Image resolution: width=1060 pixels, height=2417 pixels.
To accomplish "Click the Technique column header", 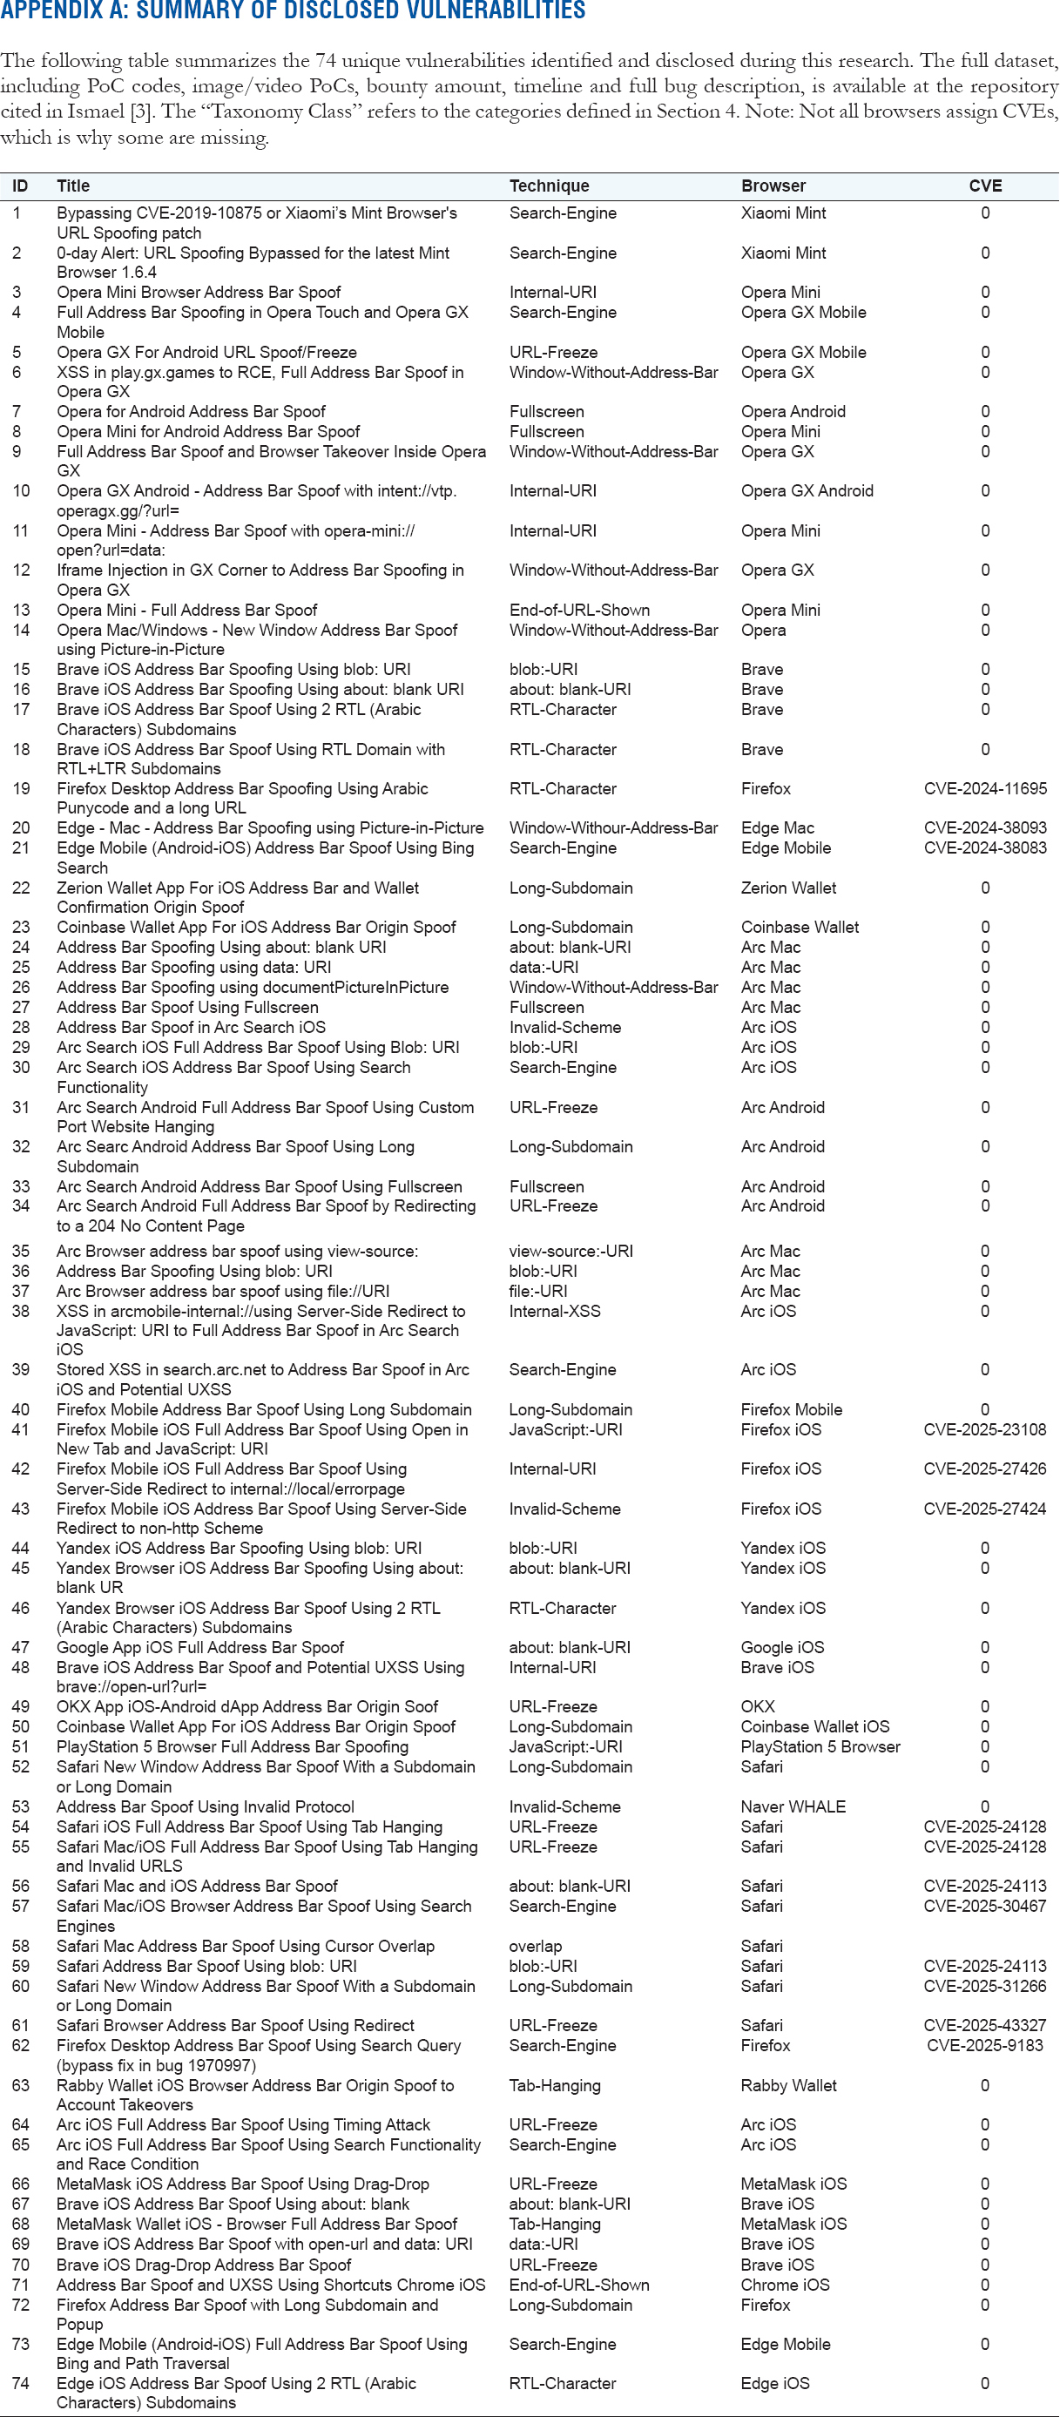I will pos(549,186).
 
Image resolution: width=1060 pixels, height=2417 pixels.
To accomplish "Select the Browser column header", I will pos(773,186).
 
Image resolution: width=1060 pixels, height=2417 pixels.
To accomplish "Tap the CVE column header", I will pos(985,186).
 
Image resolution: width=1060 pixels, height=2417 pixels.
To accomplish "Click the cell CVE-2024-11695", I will pos(985,788).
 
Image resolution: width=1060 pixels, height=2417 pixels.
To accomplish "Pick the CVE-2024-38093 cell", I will pos(985,827).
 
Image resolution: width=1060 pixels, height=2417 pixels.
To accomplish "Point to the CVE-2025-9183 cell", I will pos(985,2045).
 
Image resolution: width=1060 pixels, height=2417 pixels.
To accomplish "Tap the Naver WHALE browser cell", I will pos(793,1806).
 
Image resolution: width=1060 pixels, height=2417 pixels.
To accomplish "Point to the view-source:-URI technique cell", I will pos(571,1251).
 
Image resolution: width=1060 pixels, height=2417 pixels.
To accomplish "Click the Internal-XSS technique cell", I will pos(555,1311).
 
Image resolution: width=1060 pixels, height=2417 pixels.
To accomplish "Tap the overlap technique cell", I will pos(536,1946).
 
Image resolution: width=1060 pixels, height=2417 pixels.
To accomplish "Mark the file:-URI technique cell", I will pos(537,1291).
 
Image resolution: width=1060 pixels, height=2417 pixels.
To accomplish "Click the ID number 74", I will pos(21,2383).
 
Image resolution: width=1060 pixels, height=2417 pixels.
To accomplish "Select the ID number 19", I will pos(21,788).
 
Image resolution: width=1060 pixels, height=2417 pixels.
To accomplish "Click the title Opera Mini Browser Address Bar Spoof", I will pos(198,292).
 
